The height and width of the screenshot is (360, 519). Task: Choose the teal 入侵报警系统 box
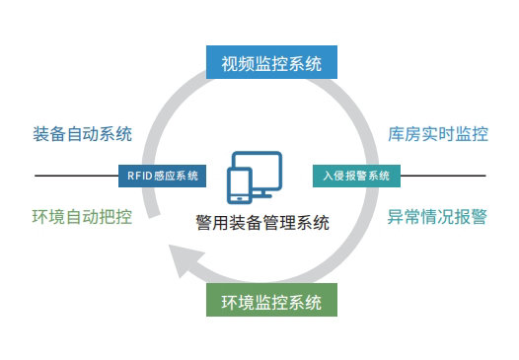click(x=357, y=176)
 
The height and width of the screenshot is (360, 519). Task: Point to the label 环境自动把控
click(x=83, y=217)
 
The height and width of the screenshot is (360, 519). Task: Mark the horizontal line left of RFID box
click(x=75, y=176)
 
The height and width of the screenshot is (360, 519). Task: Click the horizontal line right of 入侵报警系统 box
click(x=444, y=176)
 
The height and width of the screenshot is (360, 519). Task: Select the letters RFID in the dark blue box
click(x=139, y=176)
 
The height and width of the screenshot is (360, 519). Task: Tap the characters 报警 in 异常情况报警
click(x=471, y=217)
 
